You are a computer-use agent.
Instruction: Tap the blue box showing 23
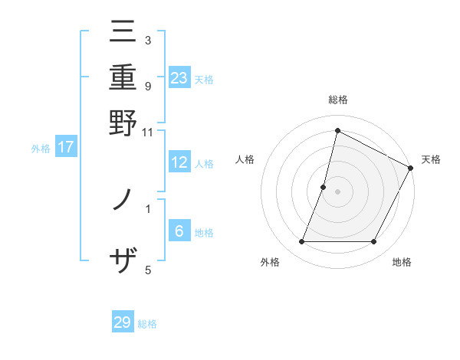tap(179, 78)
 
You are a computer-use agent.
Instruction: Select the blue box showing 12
tap(179, 162)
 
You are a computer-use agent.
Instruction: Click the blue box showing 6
tap(179, 231)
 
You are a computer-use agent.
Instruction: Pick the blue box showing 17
tap(66, 147)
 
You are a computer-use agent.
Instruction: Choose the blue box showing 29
tap(123, 322)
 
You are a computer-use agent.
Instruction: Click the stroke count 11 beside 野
tap(148, 132)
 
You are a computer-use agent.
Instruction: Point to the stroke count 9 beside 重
tap(148, 86)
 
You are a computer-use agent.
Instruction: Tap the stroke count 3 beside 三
tap(148, 40)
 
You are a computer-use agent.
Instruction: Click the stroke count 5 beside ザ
tap(148, 270)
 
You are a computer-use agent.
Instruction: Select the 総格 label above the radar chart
tap(338, 100)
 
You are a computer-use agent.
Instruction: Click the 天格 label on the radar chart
tap(431, 159)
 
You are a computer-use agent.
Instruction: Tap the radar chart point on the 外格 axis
tap(301, 242)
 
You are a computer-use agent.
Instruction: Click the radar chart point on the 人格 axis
tap(324, 187)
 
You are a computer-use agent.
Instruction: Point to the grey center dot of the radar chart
tap(338, 191)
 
